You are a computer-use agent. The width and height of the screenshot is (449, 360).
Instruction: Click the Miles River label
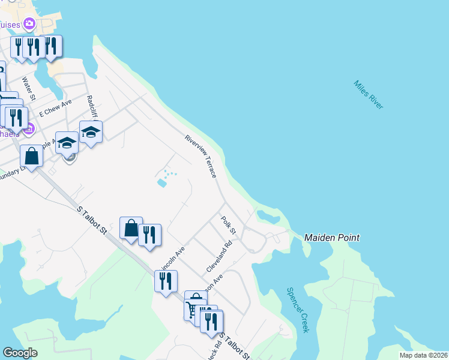click(368, 95)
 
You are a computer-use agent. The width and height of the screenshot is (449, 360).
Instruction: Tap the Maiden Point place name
click(331, 238)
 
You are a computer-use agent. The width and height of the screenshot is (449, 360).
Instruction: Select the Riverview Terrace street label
click(200, 156)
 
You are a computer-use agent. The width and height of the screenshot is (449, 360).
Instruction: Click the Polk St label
click(229, 226)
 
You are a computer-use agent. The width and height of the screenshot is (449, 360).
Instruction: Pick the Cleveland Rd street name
click(219, 257)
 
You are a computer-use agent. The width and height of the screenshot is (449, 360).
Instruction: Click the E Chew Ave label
click(55, 108)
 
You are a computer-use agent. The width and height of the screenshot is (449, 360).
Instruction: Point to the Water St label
click(29, 88)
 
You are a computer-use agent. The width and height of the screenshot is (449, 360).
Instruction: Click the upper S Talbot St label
click(92, 221)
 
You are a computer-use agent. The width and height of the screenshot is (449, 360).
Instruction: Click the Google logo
click(20, 353)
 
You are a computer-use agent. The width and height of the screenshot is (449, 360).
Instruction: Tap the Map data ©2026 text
click(424, 355)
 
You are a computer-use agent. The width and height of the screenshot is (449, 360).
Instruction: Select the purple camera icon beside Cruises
click(29, 25)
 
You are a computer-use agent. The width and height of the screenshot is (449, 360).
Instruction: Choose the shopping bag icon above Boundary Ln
click(31, 155)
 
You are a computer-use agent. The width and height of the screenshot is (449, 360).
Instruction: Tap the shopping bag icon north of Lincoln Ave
click(131, 228)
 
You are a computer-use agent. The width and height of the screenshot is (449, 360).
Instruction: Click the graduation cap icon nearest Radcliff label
click(91, 131)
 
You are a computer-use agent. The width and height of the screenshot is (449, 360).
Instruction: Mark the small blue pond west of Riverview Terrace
click(161, 182)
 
